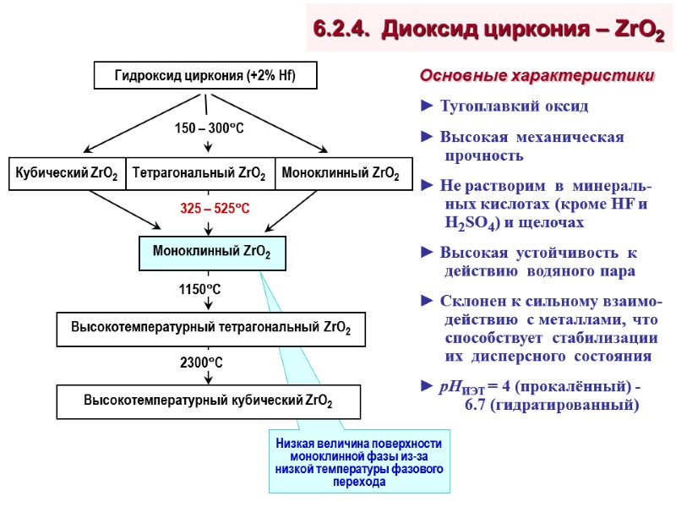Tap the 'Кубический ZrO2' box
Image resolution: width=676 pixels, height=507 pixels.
(x=67, y=174)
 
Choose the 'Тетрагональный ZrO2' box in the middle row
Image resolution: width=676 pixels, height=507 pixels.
(x=199, y=174)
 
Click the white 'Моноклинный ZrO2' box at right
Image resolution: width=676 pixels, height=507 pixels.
(x=341, y=174)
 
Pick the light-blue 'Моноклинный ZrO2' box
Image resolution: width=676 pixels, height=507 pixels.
(x=211, y=252)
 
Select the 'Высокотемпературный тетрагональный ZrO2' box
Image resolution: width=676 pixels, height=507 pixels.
(x=211, y=328)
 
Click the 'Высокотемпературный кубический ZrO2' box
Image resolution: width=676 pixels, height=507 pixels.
(x=208, y=401)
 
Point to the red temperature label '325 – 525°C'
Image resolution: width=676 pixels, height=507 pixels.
(x=215, y=208)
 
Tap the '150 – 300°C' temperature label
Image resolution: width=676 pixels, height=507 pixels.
(x=209, y=128)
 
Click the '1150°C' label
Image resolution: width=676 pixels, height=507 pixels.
(x=199, y=289)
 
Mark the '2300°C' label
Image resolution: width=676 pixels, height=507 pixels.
(x=201, y=363)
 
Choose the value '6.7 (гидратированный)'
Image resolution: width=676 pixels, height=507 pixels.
(x=552, y=405)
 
